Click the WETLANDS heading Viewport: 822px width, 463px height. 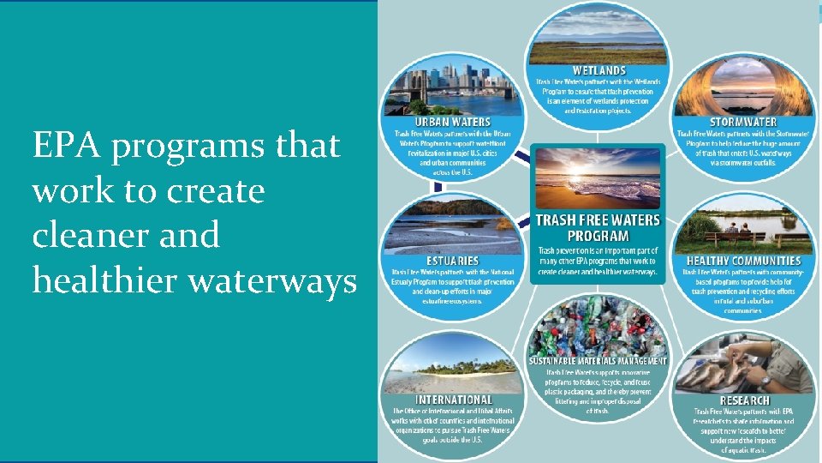click(x=599, y=70)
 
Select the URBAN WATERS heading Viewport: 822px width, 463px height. click(x=453, y=123)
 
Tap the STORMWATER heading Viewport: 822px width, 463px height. click(x=743, y=122)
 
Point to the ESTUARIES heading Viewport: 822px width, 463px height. click(x=452, y=260)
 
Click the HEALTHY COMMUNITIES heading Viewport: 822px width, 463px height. click(x=743, y=260)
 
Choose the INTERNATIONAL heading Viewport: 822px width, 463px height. click(x=453, y=400)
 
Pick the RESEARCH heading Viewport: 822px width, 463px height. click(x=744, y=400)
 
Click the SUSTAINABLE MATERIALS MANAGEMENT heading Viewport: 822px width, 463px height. click(x=598, y=361)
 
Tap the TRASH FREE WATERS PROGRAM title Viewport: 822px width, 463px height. click(x=598, y=227)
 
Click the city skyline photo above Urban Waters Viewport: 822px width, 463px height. click(x=454, y=86)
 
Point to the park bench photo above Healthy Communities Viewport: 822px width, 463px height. click(x=743, y=225)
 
